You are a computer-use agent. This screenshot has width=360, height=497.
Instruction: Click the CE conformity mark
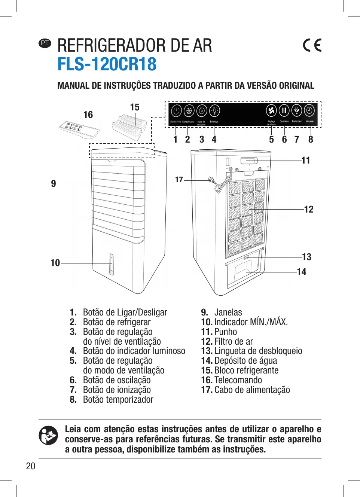(x=312, y=45)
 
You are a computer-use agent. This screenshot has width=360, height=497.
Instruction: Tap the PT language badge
(x=45, y=43)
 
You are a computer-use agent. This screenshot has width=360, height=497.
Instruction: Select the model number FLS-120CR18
(x=107, y=64)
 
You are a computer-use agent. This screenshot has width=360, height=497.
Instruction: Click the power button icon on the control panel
(x=176, y=111)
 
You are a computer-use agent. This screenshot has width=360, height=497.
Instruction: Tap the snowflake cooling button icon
(x=189, y=111)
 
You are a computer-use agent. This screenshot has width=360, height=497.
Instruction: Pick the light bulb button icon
(x=214, y=111)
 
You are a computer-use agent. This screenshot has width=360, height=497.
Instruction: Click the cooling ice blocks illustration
(x=129, y=125)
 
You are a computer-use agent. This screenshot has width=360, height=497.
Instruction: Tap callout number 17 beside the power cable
(x=179, y=180)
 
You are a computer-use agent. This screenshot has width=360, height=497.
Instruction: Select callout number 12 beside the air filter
(x=309, y=210)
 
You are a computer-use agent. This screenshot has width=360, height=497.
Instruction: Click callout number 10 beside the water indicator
(x=55, y=263)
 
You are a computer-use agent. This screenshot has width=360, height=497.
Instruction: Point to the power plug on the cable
(x=211, y=180)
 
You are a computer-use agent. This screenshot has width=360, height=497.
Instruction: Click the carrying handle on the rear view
(x=249, y=161)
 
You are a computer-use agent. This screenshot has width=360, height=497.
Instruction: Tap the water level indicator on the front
(x=111, y=264)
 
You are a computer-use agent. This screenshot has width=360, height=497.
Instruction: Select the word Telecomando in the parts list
(x=238, y=380)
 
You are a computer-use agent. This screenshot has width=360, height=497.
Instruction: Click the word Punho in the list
(x=226, y=332)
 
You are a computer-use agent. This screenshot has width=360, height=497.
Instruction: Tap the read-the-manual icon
(x=48, y=435)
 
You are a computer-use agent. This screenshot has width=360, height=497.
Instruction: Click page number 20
(x=31, y=466)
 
